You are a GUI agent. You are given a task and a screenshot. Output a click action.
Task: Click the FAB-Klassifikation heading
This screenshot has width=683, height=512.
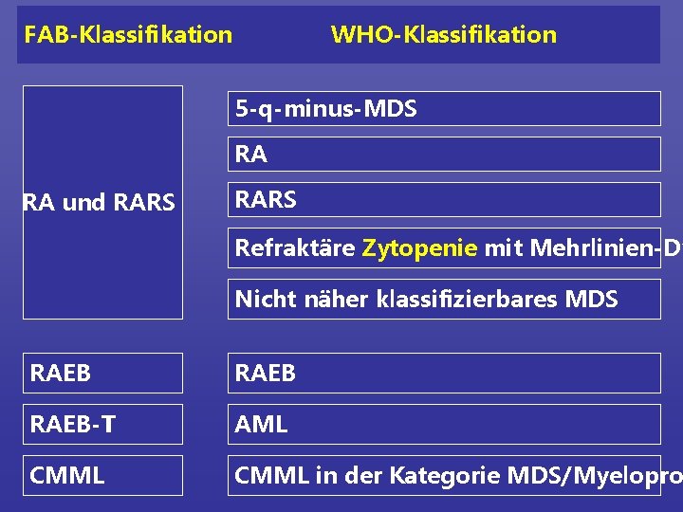coord(128,35)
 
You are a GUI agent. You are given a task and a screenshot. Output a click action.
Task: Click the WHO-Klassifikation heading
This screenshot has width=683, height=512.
coord(443,35)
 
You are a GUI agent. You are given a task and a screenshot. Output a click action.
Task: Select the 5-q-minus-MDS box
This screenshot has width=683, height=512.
coord(444,109)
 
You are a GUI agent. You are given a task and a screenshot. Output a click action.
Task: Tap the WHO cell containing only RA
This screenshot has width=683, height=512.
coord(444,154)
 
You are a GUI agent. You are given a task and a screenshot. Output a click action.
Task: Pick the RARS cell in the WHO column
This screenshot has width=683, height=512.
coord(444,199)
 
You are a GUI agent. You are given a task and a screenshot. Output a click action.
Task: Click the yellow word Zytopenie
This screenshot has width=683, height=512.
coord(419,248)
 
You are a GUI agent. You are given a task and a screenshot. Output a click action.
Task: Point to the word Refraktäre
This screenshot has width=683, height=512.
coord(295,248)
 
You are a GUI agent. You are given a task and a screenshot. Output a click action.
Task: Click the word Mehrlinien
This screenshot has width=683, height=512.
coord(570,248)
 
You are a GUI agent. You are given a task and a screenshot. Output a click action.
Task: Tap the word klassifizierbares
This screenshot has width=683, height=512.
coord(456,300)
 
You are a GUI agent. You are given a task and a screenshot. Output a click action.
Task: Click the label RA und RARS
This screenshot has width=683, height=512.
coord(99,203)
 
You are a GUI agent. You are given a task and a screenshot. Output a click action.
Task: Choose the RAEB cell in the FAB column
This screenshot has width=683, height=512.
coord(102,373)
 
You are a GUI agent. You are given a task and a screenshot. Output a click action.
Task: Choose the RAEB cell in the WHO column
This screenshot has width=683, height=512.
coord(444,373)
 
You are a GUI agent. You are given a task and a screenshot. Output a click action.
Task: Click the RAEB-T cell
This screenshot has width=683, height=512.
coord(102,424)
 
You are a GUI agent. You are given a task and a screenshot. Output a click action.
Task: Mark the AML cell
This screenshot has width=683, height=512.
coord(444,424)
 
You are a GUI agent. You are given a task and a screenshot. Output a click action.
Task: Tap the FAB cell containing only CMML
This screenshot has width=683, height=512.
coord(102,475)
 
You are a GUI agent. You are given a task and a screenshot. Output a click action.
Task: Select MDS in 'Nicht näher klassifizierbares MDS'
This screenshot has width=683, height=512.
coord(591,300)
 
